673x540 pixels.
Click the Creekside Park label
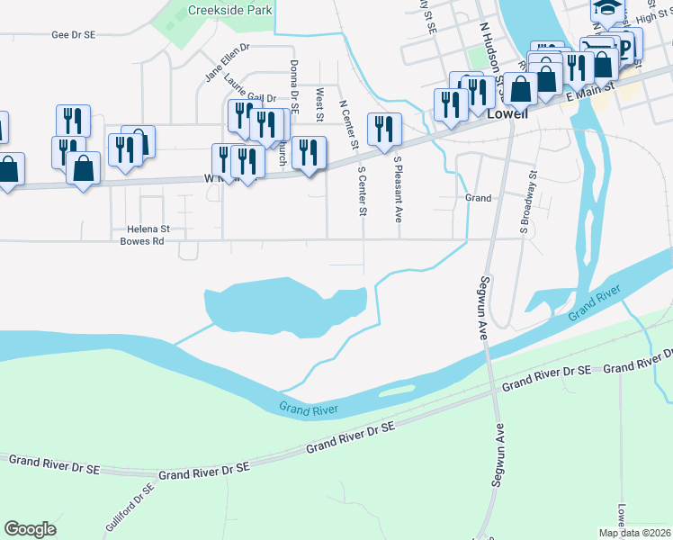229,11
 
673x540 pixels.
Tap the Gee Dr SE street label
74,34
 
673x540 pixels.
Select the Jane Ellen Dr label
227,62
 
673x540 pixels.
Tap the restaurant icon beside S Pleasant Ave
384,128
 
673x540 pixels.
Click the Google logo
31,529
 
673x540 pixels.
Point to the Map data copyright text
633,533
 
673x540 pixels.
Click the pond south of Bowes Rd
270,306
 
